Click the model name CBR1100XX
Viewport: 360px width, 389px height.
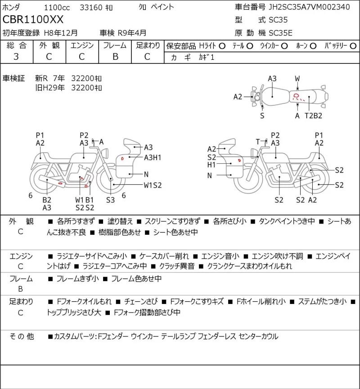(33, 20)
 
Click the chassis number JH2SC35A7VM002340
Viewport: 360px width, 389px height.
(309, 7)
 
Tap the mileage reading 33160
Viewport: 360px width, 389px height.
(91, 8)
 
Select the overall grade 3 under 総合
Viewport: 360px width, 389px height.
(16, 57)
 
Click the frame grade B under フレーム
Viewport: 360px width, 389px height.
(115, 57)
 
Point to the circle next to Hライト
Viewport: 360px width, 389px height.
(222, 46)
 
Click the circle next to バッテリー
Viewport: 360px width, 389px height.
(353, 46)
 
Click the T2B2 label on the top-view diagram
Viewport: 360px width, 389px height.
(313, 116)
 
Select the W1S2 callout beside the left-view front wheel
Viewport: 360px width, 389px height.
(153, 185)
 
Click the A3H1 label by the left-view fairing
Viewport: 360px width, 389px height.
(153, 157)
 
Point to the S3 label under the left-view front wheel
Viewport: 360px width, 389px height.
(111, 200)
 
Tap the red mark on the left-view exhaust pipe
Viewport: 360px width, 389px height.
(60, 183)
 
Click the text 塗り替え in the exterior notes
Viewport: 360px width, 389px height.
(120, 221)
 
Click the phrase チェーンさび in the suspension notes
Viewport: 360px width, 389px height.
(140, 301)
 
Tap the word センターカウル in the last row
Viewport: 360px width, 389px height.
(258, 336)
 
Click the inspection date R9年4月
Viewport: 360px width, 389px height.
(132, 33)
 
